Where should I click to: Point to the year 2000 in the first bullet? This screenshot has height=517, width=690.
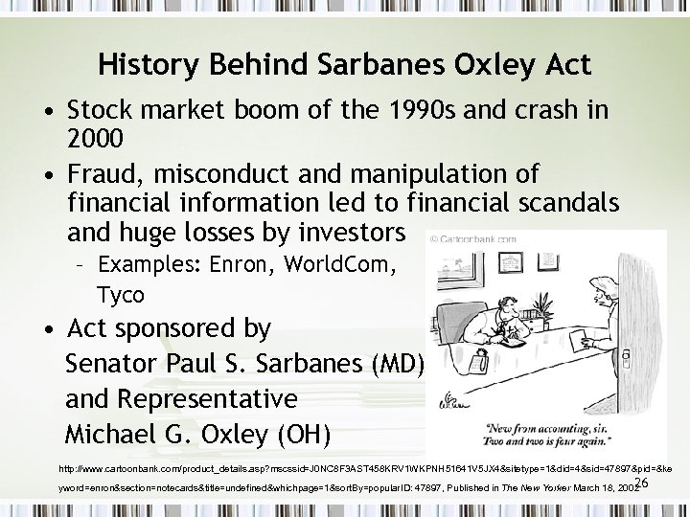click(94, 138)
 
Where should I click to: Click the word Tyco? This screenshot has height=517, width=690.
click(120, 294)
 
